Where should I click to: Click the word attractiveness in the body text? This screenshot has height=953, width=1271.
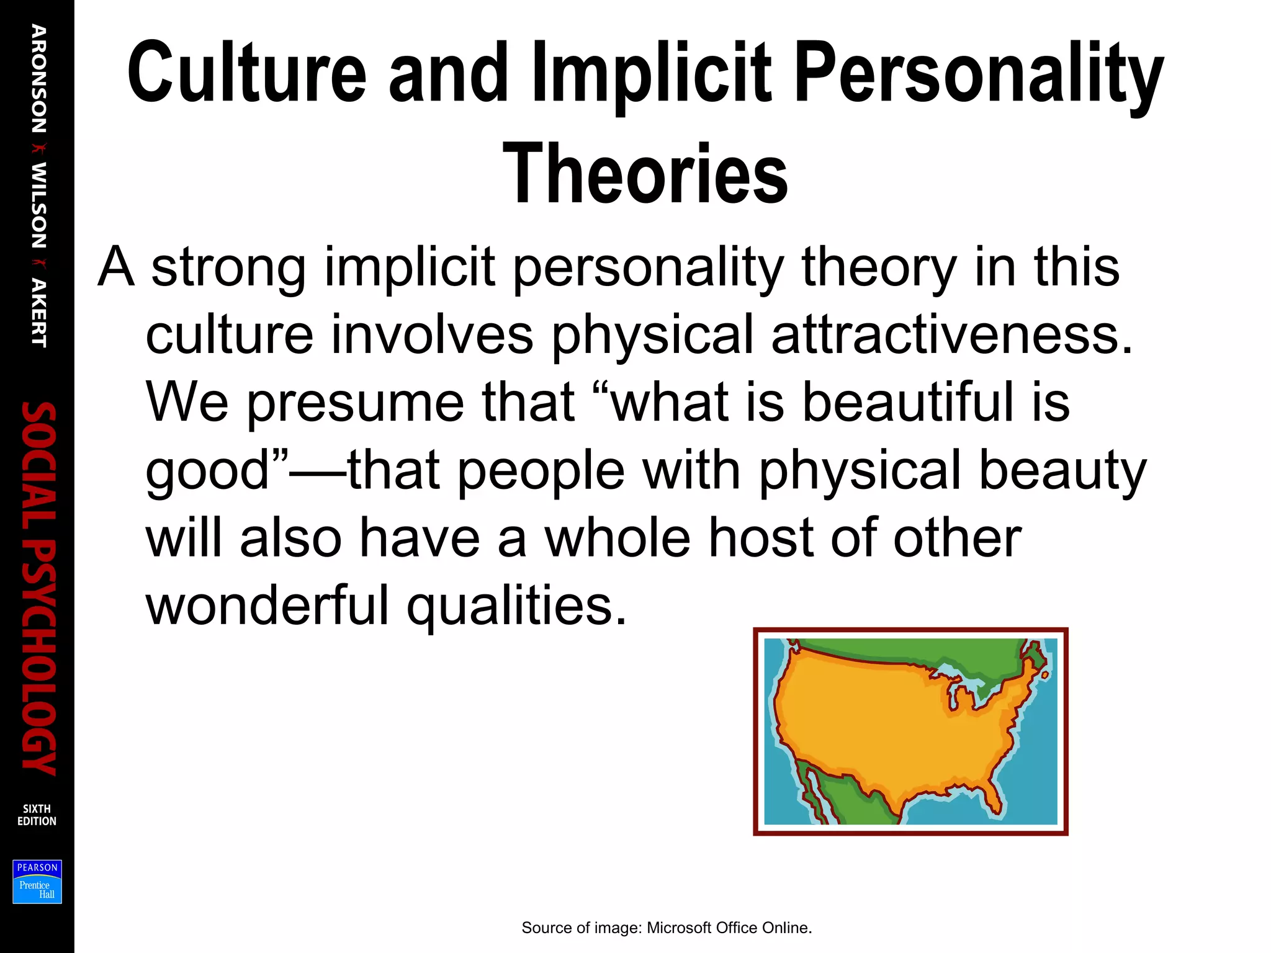951,335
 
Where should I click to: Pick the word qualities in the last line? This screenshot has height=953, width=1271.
516,607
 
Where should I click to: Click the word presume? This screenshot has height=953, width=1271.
355,403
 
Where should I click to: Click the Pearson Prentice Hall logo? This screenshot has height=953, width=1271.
37,881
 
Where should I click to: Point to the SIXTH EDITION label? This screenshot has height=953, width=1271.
37,815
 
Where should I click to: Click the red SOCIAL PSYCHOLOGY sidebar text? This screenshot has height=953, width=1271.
38,588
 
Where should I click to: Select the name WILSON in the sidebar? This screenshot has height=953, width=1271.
38,205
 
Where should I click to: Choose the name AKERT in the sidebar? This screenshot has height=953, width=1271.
38,313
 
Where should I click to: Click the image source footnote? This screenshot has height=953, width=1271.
667,928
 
